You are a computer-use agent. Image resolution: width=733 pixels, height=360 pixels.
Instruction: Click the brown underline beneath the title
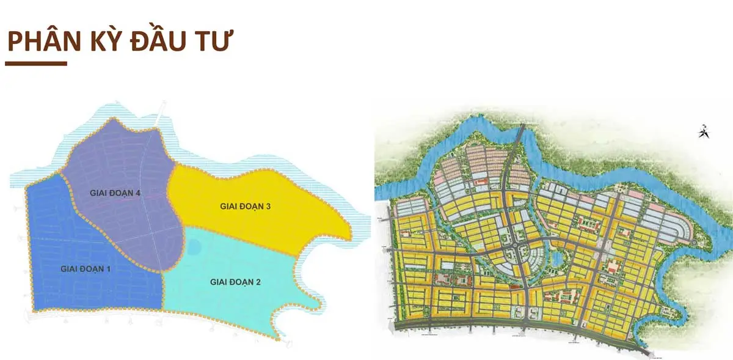[36, 63]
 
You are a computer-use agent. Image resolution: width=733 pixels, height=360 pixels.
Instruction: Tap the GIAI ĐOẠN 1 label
[85, 268]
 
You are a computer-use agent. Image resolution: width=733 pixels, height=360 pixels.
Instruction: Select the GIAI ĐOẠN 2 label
[235, 282]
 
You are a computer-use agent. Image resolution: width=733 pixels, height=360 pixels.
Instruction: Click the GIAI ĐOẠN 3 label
[245, 207]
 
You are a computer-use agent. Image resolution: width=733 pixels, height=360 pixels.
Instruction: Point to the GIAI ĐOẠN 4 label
[115, 193]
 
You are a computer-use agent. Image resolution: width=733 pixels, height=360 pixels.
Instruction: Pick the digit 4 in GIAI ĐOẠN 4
[139, 193]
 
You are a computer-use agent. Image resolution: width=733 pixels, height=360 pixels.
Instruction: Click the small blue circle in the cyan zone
[194, 248]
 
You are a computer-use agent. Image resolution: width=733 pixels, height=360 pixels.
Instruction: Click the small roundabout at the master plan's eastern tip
[695, 243]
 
